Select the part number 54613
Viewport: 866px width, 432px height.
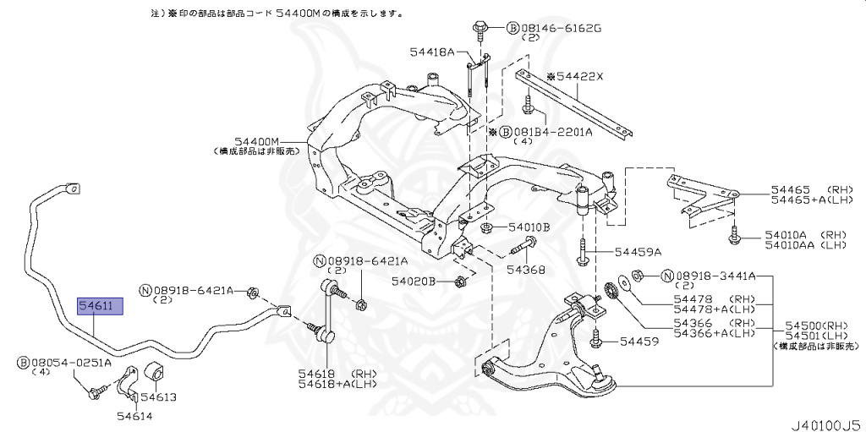point(158,396)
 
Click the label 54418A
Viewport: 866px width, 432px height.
point(433,52)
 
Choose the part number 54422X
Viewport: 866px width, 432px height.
point(580,76)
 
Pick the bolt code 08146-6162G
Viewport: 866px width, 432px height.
point(559,28)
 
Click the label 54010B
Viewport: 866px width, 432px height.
point(529,227)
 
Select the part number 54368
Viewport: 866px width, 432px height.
point(526,271)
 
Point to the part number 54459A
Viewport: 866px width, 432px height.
point(638,252)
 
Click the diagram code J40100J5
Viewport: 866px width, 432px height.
point(825,422)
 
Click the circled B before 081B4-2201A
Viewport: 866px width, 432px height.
point(506,132)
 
